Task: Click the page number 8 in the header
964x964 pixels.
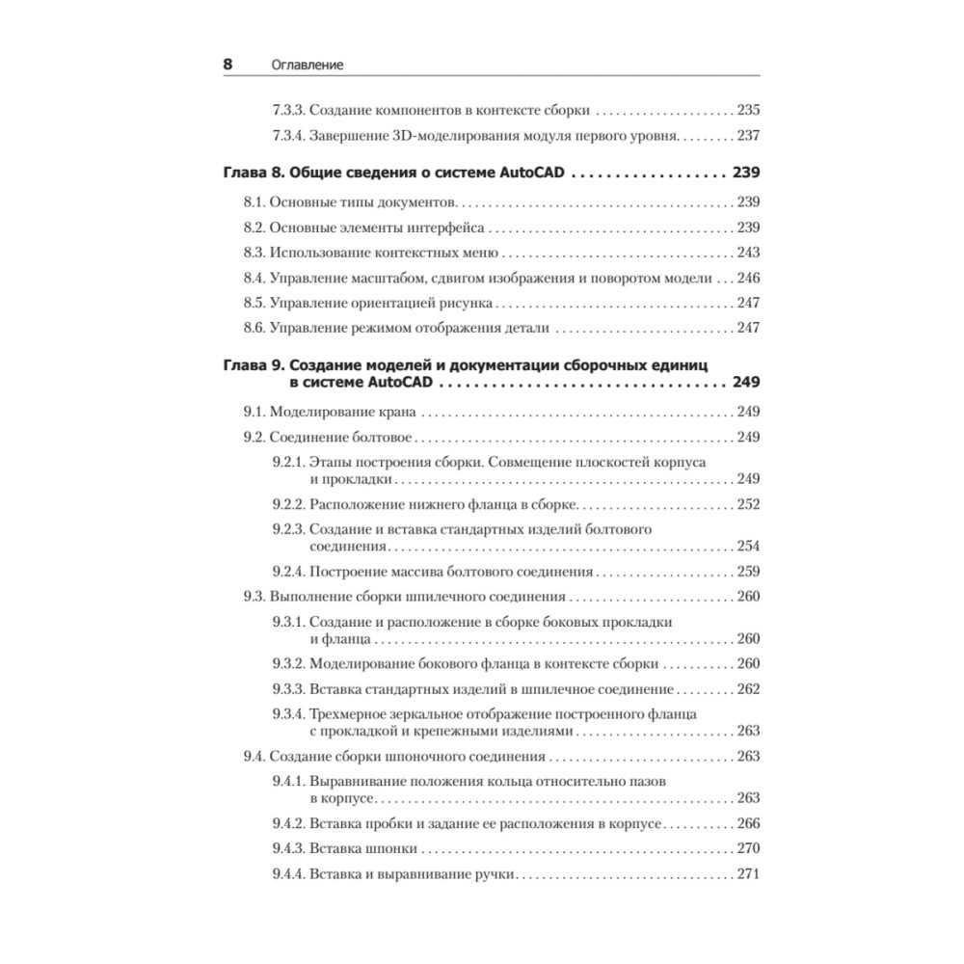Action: pyautogui.click(x=228, y=65)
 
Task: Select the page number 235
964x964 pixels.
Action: pyautogui.click(x=748, y=110)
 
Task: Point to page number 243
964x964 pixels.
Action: pyautogui.click(x=748, y=253)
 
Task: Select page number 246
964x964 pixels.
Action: pyautogui.click(x=748, y=278)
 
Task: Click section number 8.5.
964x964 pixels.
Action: pyautogui.click(x=254, y=303)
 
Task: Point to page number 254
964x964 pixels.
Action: pyautogui.click(x=748, y=546)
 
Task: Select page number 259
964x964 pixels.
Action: pyautogui.click(x=748, y=571)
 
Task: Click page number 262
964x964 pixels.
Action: pyautogui.click(x=748, y=688)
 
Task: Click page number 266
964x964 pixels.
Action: pyautogui.click(x=748, y=823)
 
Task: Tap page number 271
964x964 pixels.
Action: pyautogui.click(x=748, y=873)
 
